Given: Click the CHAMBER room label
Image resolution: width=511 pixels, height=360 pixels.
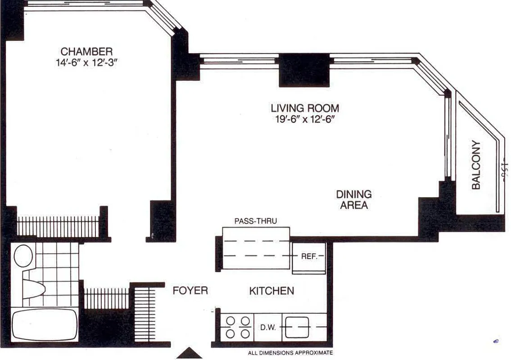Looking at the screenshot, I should [x=86, y=51].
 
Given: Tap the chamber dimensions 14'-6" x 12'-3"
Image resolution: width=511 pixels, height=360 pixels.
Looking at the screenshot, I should [x=86, y=62].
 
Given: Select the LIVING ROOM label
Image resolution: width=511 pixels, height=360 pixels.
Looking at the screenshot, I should [x=304, y=108].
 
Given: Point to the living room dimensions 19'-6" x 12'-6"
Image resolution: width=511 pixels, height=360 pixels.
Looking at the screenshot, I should [x=304, y=120].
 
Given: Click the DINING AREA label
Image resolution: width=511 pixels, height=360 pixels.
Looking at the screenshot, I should [x=354, y=200].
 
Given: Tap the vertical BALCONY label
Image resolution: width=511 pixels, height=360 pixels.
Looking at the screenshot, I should [x=476, y=165].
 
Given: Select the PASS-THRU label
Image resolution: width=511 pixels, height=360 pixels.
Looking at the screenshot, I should [x=255, y=221].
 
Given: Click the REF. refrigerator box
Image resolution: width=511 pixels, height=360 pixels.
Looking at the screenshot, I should [x=309, y=257].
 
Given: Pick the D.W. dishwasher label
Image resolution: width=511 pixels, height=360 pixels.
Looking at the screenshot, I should [x=267, y=328].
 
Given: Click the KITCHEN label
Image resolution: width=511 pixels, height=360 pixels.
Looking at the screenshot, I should [x=271, y=291].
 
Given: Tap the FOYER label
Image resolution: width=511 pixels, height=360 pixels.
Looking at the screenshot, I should [x=190, y=291].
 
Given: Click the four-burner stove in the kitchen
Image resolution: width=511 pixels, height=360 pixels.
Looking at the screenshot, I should [x=237, y=327].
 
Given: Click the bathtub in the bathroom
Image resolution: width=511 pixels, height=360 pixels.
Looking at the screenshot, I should [x=44, y=324].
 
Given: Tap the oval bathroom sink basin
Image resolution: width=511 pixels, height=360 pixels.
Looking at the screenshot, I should [x=23, y=256].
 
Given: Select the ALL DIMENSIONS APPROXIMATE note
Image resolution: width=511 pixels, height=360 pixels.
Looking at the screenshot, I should [x=290, y=353].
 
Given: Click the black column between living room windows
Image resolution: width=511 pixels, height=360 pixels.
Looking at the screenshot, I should [x=304, y=70].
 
